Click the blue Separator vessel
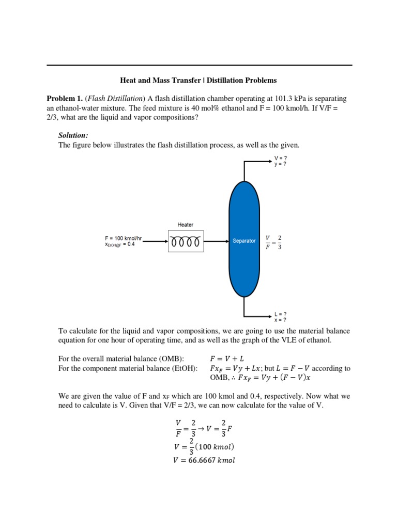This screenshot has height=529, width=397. click(x=243, y=241)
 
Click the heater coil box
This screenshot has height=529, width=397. click(x=186, y=241)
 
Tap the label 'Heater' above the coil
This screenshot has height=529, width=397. click(x=186, y=225)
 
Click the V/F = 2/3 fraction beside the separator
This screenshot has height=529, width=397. click(x=273, y=241)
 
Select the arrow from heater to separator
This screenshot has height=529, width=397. click(x=216, y=241)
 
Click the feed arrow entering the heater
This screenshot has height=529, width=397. click(x=155, y=241)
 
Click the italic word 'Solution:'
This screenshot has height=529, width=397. click(x=73, y=135)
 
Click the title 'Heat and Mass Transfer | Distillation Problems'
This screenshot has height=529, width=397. click(x=198, y=80)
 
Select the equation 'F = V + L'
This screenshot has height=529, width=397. click(x=227, y=359)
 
